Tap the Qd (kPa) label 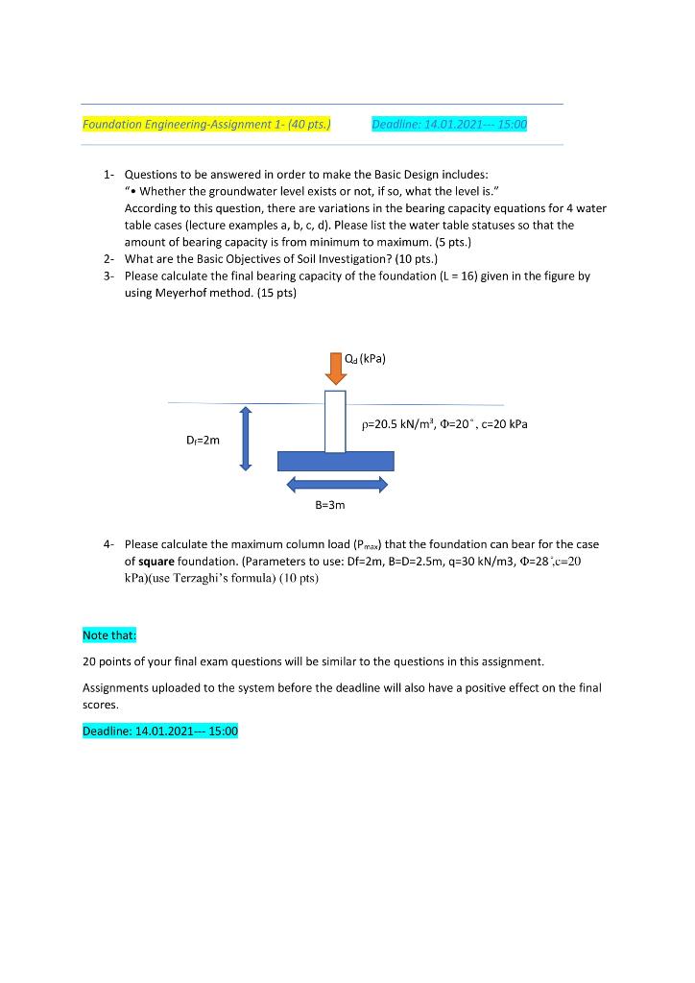tap(366, 361)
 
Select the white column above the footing tap(335, 421)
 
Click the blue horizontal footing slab tap(335, 461)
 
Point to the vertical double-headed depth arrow tap(245, 438)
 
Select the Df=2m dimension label tap(203, 441)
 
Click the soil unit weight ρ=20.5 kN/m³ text tap(396, 423)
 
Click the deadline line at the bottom tap(160, 731)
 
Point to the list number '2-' tap(109, 259)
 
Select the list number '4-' tap(109, 543)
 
